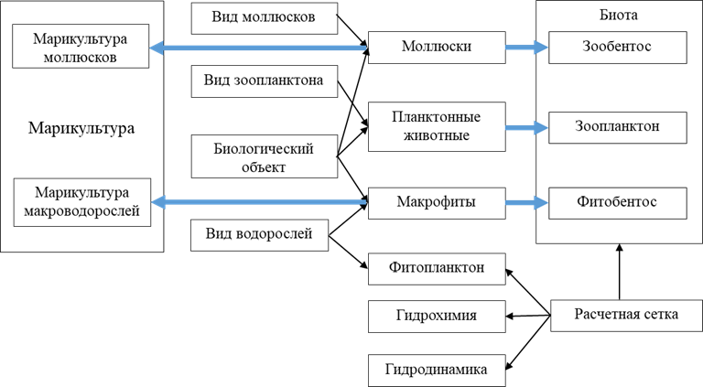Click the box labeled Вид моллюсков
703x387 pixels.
click(263, 16)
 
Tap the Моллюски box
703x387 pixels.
click(437, 46)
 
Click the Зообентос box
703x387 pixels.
click(616, 46)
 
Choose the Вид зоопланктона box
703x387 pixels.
click(263, 81)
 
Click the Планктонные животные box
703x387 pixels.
click(437, 126)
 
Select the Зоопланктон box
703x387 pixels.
click(616, 126)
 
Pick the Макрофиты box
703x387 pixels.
click(437, 200)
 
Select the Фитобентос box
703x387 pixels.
click(616, 200)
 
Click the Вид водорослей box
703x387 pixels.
click(259, 234)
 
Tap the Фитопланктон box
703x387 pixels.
click(437, 268)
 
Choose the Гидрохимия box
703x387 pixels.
click(437, 317)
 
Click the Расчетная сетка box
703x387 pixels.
click(626, 315)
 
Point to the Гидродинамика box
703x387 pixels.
click(437, 371)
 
